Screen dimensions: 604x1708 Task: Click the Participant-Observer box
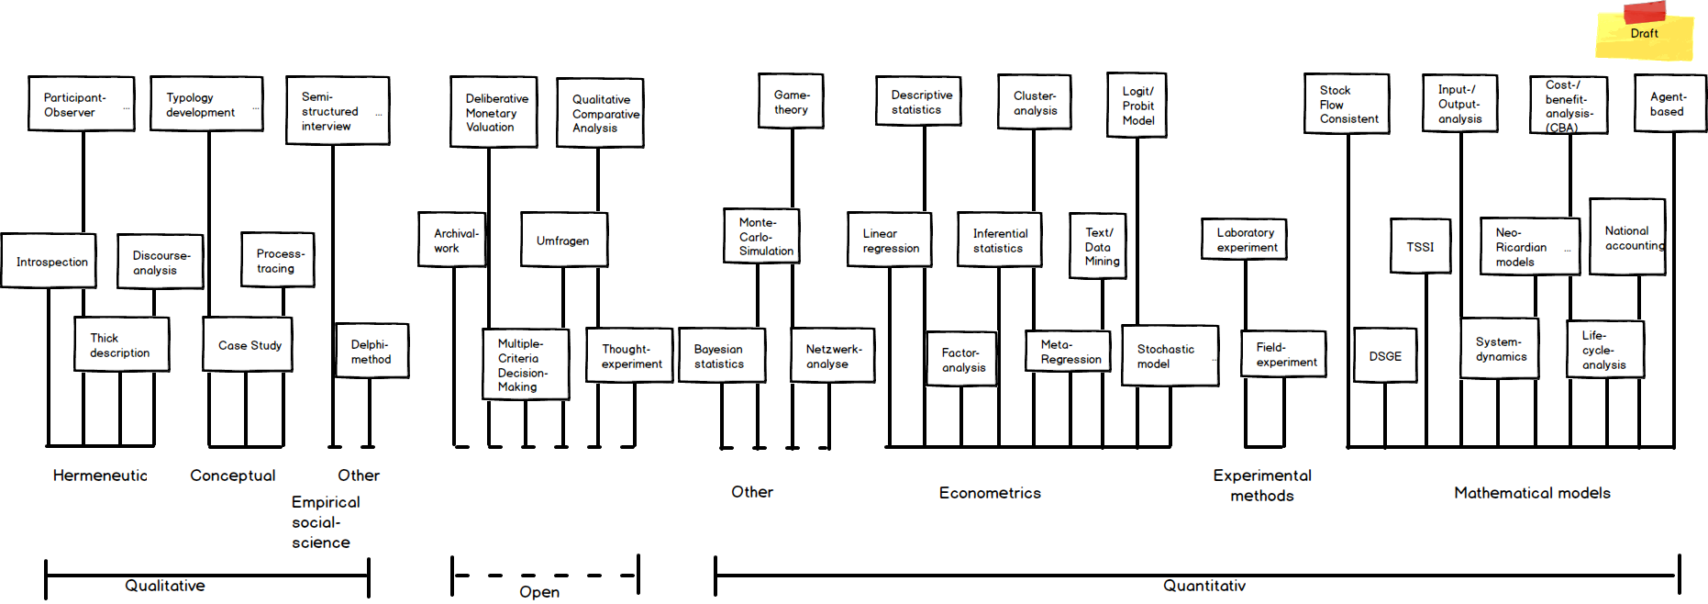click(x=81, y=104)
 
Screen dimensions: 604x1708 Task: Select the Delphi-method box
click(x=372, y=351)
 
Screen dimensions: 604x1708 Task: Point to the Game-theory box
click(x=792, y=101)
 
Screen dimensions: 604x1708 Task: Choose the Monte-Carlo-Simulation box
click(x=761, y=236)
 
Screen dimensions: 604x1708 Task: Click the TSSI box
click(x=1420, y=246)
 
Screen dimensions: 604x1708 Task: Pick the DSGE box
click(x=1385, y=356)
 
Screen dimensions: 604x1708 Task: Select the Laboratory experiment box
click(x=1245, y=240)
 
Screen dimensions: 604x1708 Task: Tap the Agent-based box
click(x=1669, y=104)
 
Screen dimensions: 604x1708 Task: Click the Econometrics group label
click(x=990, y=493)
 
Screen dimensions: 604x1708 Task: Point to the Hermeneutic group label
click(x=100, y=475)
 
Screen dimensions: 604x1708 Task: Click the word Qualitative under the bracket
click(x=165, y=586)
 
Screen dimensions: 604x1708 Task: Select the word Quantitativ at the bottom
click(x=1204, y=586)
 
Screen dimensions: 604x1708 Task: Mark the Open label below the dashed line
click(x=539, y=592)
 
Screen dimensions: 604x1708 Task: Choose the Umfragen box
click(x=563, y=240)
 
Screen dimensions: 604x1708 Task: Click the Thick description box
click(x=121, y=345)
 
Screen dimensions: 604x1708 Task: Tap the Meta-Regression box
click(x=1068, y=352)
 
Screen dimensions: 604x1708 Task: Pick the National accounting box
click(x=1627, y=237)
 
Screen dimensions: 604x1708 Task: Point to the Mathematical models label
click(x=1532, y=493)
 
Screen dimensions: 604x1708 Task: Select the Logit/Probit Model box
click(x=1137, y=106)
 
